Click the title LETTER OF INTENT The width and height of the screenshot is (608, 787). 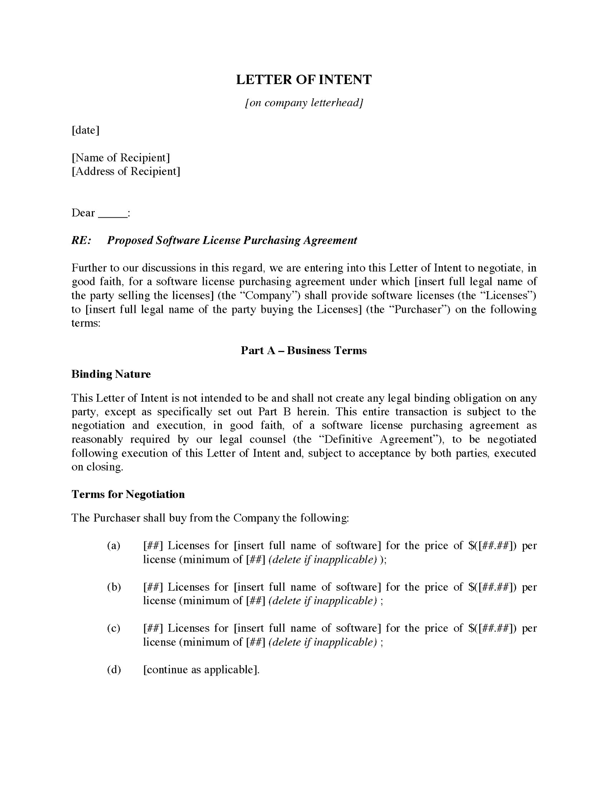coord(303,80)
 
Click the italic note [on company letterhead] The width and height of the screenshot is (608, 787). coord(303,102)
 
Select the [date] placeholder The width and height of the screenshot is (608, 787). coord(85,130)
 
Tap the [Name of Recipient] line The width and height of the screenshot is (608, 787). coord(121,157)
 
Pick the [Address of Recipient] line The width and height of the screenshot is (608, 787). coord(126,171)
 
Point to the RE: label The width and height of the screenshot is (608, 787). coord(81,240)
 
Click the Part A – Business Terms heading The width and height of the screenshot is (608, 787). coord(303,350)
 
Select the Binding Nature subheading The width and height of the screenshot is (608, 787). coord(111,374)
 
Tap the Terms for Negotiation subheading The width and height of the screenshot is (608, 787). coord(128,494)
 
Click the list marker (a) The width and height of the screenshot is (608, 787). coord(114,546)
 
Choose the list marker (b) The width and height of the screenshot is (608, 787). coord(114,587)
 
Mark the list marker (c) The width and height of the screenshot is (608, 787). coord(114,628)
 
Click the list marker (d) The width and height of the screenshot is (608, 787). coord(114,670)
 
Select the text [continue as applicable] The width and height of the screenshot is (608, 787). coord(201,670)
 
